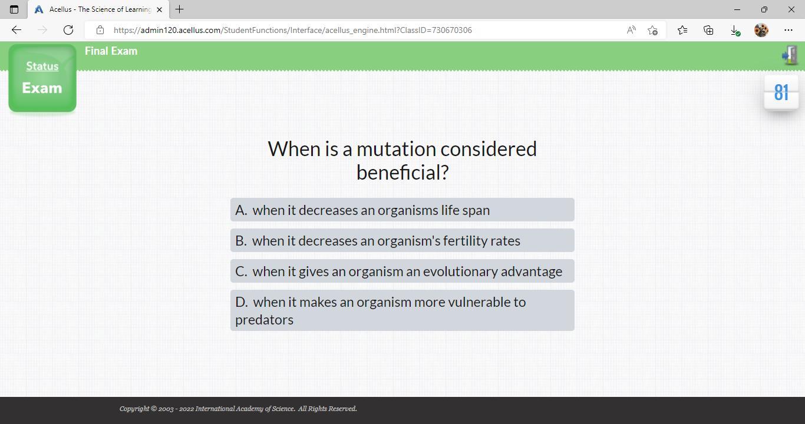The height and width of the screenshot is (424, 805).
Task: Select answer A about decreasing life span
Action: click(402, 210)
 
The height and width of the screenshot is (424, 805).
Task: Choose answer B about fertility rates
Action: click(402, 240)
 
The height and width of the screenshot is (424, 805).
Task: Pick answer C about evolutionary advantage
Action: click(402, 271)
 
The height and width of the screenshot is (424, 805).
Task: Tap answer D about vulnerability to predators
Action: click(402, 310)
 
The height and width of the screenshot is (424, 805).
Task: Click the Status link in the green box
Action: click(42, 67)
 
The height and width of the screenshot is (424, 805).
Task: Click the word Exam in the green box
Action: click(42, 88)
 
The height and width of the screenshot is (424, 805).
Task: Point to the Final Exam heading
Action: click(111, 51)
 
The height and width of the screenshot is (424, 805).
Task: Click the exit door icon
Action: click(790, 55)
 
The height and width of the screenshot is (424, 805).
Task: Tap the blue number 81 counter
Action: click(781, 92)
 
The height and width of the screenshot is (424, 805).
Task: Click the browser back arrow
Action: click(17, 30)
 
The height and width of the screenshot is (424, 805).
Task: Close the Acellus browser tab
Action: click(159, 9)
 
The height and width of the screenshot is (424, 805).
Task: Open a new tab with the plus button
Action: click(179, 9)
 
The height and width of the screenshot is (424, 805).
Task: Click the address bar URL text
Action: click(292, 30)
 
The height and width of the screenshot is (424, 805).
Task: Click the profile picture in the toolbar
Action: click(761, 30)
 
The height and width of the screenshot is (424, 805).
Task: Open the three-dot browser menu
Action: click(788, 30)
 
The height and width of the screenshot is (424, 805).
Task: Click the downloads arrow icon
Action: click(735, 31)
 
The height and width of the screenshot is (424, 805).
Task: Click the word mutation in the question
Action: click(397, 148)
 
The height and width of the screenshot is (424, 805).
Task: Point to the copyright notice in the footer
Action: click(238, 409)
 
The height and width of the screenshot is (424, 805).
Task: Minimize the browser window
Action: click(737, 9)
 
